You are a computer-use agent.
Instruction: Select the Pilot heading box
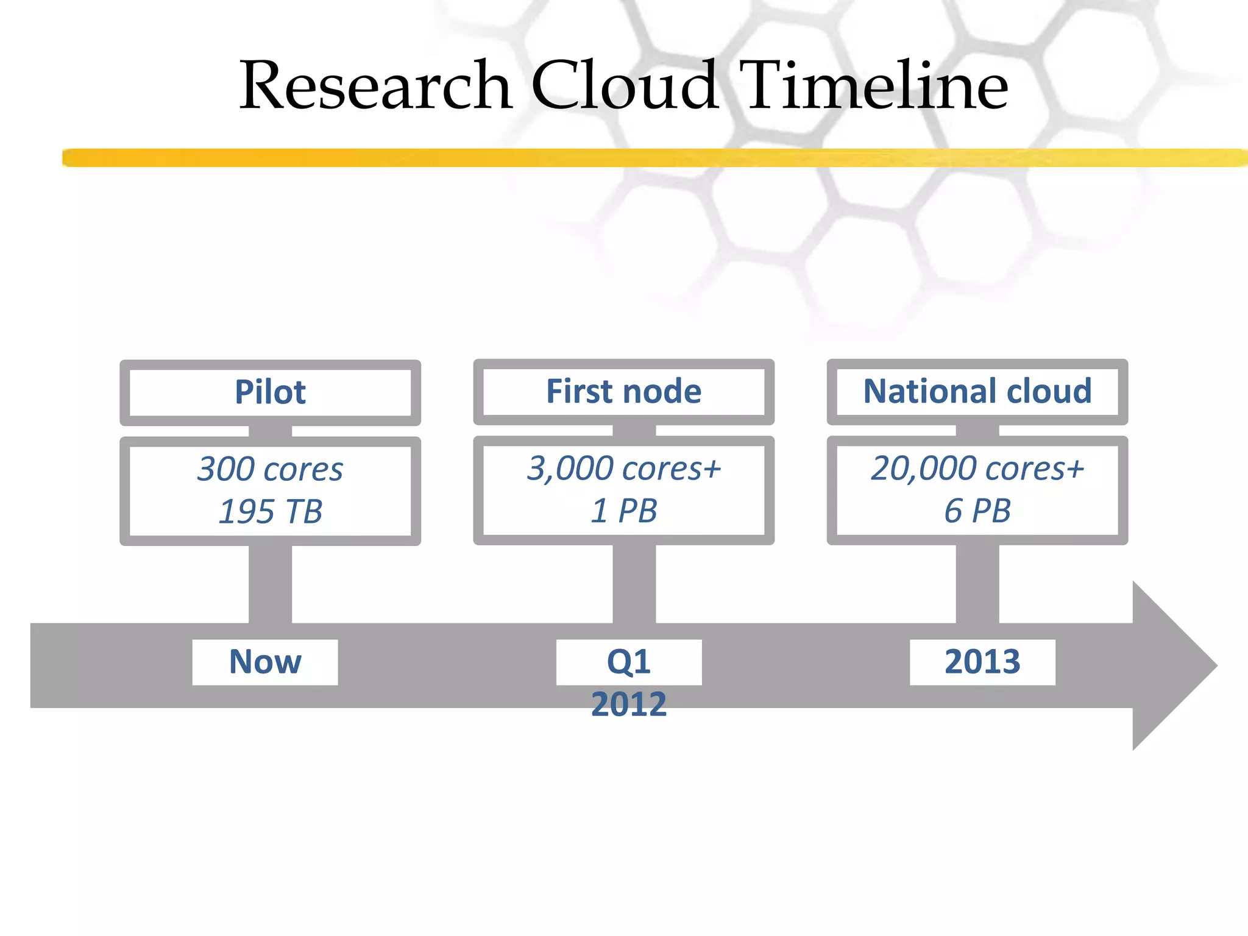coord(270,392)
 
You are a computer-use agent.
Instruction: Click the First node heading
coord(623,391)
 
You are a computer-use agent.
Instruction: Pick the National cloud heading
coord(977,391)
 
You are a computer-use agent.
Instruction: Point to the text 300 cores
coord(270,469)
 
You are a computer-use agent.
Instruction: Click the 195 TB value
coord(270,511)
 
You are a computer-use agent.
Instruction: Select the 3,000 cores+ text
coord(623,469)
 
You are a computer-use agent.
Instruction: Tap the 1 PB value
coord(623,511)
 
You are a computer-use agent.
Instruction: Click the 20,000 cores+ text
coord(977,469)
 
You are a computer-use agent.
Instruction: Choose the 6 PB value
coord(977,511)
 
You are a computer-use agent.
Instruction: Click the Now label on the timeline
coord(265,662)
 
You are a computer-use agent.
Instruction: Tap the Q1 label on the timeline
coord(629,662)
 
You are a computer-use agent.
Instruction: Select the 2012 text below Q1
coord(629,704)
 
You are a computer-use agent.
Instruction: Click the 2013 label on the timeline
coord(982,662)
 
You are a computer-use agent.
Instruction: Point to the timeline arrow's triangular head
coord(1170,665)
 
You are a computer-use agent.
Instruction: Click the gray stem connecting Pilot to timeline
coord(270,584)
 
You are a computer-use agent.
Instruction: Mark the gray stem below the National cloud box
coord(977,584)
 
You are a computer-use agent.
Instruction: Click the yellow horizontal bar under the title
coord(609,158)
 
